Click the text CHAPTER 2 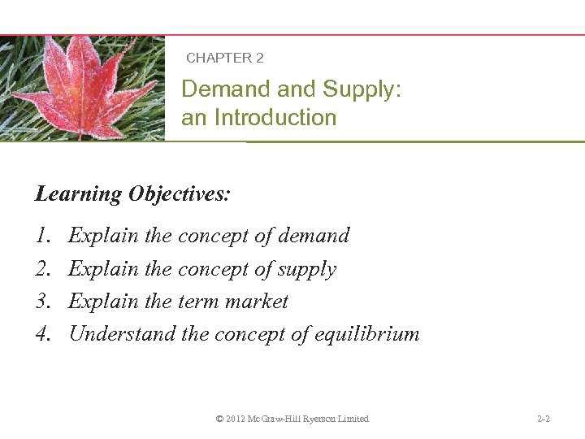(x=224, y=58)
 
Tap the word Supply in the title (x=362, y=89)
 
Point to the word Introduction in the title (x=275, y=118)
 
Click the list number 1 (x=41, y=236)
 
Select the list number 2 (x=41, y=269)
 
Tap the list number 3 (x=41, y=302)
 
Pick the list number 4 (x=41, y=334)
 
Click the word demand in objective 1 (x=314, y=236)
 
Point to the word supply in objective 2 (x=307, y=269)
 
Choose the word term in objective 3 (x=198, y=302)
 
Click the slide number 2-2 (x=544, y=419)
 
